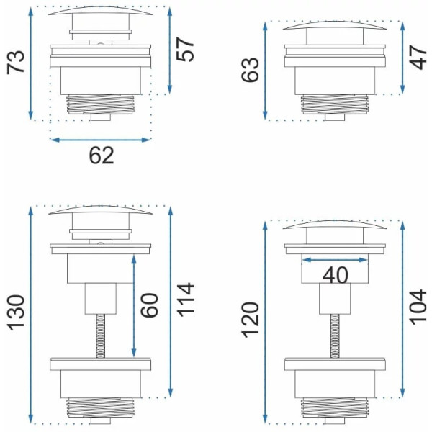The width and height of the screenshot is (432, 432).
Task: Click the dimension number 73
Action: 16,62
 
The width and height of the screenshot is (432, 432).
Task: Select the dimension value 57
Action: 185,50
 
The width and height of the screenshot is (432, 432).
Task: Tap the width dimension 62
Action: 101,156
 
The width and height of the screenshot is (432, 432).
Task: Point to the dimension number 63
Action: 250,70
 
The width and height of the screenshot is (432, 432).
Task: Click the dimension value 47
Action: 418,58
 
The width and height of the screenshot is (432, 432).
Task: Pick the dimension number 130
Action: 16,312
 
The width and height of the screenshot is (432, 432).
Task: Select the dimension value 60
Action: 149,305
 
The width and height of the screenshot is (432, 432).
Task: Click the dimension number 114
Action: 185,300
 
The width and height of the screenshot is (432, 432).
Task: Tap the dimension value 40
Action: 336,275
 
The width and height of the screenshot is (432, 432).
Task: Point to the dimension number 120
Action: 250,320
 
